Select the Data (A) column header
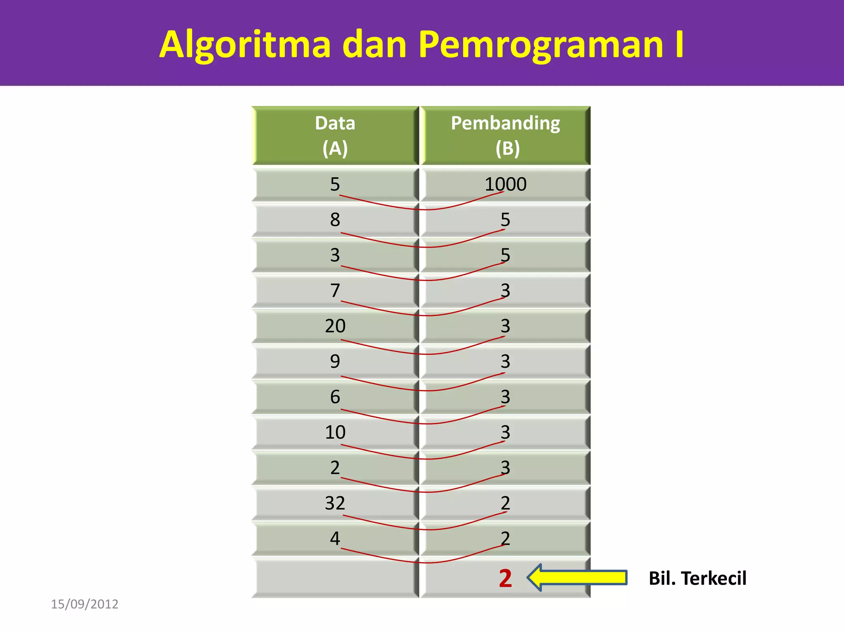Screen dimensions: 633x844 pos(335,136)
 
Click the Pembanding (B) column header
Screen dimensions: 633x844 pos(506,136)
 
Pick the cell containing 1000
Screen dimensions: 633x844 pos(505,184)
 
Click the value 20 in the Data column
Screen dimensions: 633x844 pos(335,326)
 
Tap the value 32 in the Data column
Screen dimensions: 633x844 pos(335,503)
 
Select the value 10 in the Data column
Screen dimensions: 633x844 pos(335,432)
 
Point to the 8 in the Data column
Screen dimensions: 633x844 pos(335,220)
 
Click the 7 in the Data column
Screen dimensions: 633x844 pos(335,291)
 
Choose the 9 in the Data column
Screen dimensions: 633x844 pos(335,361)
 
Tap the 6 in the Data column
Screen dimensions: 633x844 pos(335,397)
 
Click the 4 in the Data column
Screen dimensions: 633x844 pos(335,539)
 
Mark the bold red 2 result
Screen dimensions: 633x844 pos(505,578)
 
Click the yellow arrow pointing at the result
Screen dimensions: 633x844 pos(577,578)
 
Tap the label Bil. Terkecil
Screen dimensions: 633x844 pos(697,578)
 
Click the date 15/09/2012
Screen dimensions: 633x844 pos(84,604)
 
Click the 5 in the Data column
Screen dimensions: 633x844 pos(335,184)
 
